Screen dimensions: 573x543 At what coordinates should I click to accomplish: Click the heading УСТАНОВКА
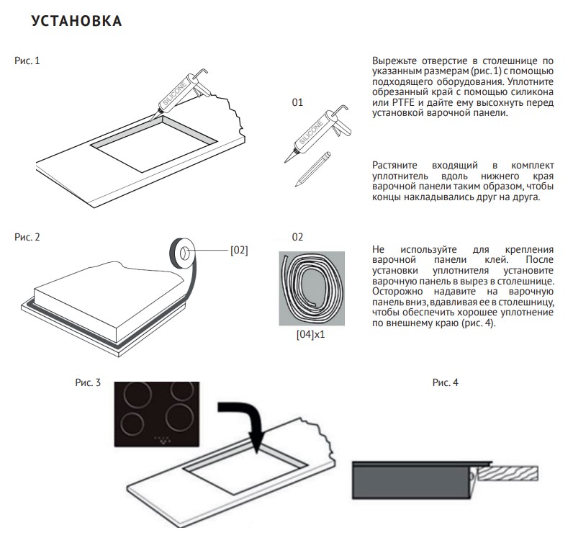point(76,21)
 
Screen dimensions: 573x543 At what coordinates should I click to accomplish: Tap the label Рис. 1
point(27,60)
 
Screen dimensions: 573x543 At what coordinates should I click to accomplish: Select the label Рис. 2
point(27,238)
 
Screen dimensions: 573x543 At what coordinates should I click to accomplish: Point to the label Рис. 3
point(88,382)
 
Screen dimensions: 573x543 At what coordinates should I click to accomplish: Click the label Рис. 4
point(445,382)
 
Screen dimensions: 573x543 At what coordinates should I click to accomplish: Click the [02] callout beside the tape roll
point(239,251)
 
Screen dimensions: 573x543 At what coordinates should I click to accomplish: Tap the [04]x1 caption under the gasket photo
point(311,335)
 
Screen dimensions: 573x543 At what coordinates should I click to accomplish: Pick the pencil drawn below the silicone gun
point(313,169)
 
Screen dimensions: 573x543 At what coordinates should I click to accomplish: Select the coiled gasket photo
point(312,288)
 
